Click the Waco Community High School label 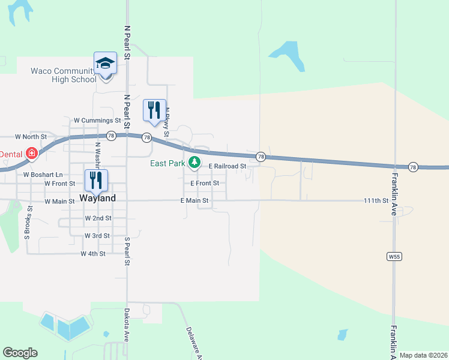(x=63, y=75)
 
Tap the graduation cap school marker (x=105, y=64)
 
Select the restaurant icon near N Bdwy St (x=154, y=111)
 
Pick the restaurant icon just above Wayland (x=96, y=181)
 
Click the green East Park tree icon (x=194, y=162)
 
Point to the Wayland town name (x=97, y=198)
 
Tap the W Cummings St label (x=97, y=121)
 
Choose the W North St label (x=31, y=137)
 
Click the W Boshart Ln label (x=43, y=175)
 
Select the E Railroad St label (x=228, y=166)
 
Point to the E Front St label (x=204, y=183)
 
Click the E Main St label (x=194, y=200)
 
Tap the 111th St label (x=376, y=200)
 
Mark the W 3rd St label (x=97, y=236)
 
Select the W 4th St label (x=93, y=254)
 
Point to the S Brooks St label (x=27, y=223)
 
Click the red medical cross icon (x=31, y=154)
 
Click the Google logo (x=20, y=352)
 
